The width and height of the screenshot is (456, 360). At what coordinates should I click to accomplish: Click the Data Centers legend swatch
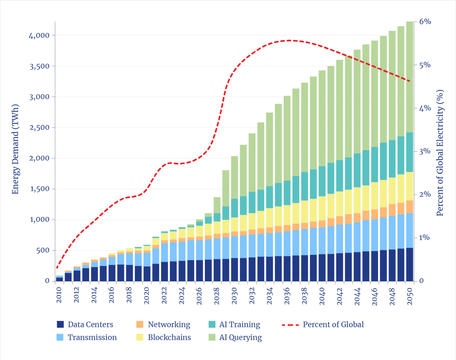[60, 324]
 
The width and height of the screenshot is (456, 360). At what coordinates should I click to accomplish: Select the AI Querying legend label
[240, 337]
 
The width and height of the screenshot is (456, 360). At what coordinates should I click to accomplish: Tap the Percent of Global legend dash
[290, 325]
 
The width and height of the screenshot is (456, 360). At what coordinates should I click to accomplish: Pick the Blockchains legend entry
[169, 337]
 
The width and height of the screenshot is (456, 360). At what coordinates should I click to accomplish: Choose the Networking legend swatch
[140, 324]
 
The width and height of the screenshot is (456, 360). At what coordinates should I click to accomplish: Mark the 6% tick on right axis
[425, 22]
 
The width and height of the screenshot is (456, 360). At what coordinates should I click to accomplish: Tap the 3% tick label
[425, 151]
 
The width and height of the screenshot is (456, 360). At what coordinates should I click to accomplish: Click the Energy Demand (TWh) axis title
[15, 149]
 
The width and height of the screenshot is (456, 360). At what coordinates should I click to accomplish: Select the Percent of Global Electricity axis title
[440, 153]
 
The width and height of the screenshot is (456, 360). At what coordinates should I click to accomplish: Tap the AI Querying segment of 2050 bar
[409, 76]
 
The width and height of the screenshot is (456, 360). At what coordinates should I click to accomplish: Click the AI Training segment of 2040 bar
[322, 181]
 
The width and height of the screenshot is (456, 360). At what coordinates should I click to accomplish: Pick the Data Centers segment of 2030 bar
[234, 269]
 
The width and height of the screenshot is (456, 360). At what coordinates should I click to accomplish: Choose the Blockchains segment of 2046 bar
[375, 196]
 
